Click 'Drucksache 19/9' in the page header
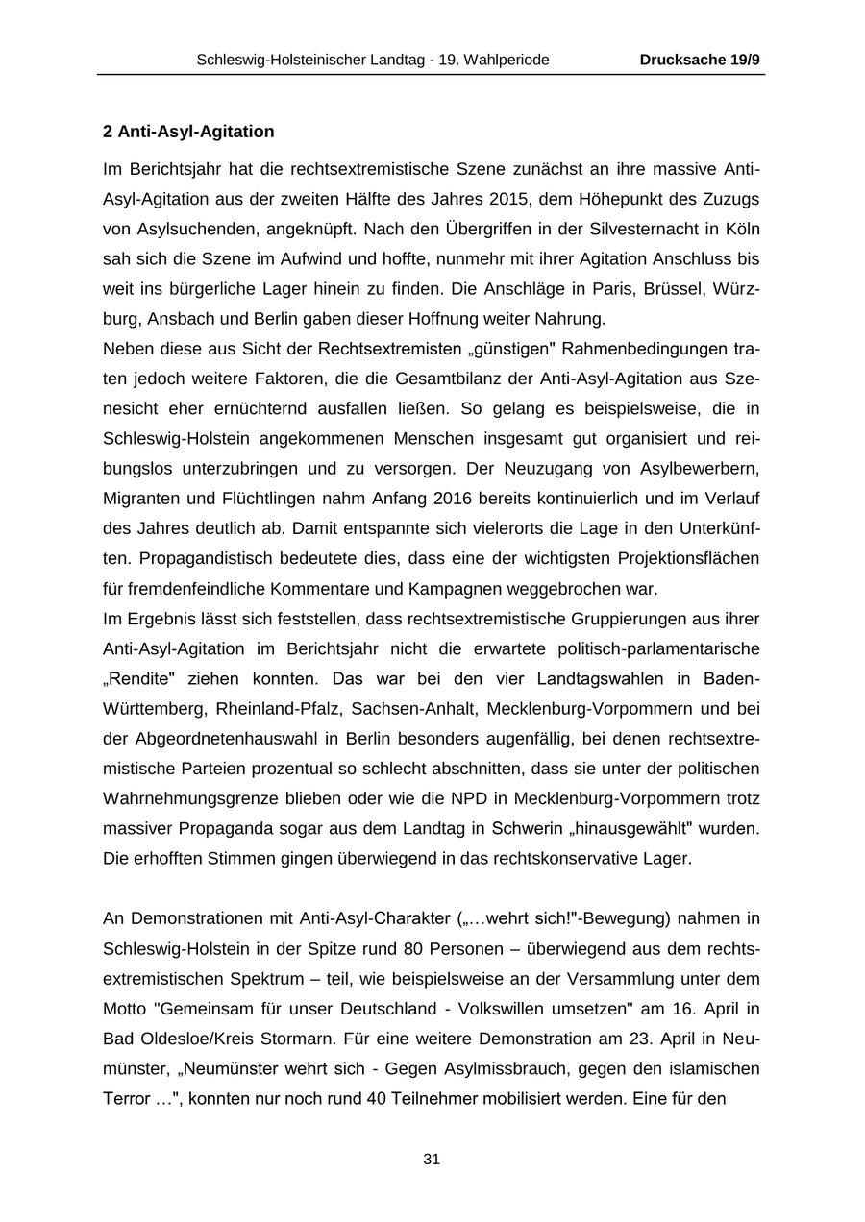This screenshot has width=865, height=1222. [x=700, y=60]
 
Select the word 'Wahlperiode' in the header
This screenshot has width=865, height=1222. [x=508, y=60]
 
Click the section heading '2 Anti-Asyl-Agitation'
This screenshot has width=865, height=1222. [x=188, y=132]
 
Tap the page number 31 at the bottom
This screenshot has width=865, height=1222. [x=432, y=1160]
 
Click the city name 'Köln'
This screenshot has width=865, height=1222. [x=737, y=230]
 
